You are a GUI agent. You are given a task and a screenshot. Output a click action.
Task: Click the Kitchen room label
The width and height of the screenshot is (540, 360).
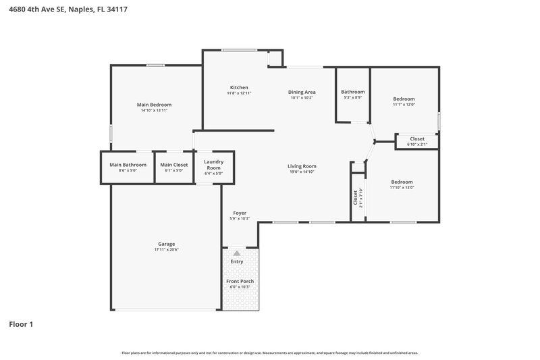pyautogui.click(x=239, y=87)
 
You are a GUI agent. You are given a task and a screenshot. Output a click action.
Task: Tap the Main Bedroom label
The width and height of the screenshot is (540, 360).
pyautogui.click(x=154, y=105)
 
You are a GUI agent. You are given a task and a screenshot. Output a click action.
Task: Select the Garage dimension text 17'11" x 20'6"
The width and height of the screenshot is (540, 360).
pyautogui.click(x=166, y=250)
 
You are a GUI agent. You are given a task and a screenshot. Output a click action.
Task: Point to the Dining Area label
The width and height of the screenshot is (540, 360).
pyautogui.click(x=302, y=92)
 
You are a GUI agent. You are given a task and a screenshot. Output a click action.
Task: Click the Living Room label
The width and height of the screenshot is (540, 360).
pyautogui.click(x=302, y=166)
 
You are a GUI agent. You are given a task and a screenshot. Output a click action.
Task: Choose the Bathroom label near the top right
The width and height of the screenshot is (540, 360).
pyautogui.click(x=352, y=92)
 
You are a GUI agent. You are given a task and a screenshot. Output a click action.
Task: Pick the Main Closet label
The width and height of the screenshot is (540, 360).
pyautogui.click(x=174, y=164)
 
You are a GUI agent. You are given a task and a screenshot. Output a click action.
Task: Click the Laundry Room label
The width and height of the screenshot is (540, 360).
pyautogui.click(x=213, y=164)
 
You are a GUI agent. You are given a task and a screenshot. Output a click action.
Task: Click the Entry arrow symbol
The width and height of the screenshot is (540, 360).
pyautogui.click(x=236, y=253)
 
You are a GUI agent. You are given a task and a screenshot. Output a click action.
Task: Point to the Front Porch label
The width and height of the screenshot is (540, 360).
pyautogui.click(x=240, y=281)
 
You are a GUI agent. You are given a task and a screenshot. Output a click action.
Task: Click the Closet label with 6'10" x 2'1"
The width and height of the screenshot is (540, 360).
pyautogui.click(x=417, y=138)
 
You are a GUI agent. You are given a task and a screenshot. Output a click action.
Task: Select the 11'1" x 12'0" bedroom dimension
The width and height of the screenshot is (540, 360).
pyautogui.click(x=404, y=105)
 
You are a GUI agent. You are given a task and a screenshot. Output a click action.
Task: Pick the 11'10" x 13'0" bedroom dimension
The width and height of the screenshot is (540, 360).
pyautogui.click(x=402, y=188)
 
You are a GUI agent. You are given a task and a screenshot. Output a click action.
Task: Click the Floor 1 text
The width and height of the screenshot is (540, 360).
pyautogui.click(x=21, y=324)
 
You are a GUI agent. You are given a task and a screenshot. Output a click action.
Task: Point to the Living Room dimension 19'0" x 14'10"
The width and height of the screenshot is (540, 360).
pyautogui.click(x=302, y=172)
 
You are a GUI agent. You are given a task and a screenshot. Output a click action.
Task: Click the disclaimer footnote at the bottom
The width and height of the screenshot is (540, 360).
pyautogui.click(x=269, y=353)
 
